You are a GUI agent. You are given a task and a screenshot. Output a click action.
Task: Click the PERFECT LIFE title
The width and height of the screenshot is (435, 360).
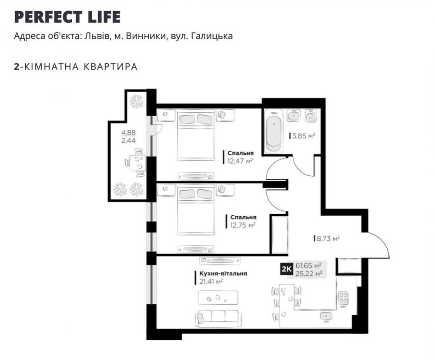[67, 17]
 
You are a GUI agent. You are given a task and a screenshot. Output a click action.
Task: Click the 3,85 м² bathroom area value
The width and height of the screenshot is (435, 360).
[303, 136]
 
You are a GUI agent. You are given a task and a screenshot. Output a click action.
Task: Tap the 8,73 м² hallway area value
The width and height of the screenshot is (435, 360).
[328, 238]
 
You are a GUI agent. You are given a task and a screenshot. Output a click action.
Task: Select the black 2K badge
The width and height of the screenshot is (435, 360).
[286, 269]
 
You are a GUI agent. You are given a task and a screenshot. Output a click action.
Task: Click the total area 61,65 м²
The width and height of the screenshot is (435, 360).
[308, 265]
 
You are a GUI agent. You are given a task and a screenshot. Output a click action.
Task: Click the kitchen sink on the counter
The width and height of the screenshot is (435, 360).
[325, 315]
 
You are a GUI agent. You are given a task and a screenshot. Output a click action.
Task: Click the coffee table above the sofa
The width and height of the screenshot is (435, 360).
[218, 298]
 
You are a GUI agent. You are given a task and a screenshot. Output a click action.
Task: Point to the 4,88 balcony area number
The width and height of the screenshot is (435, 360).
[128, 133]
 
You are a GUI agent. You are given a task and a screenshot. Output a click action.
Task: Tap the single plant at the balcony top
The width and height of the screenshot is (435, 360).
[137, 102]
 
